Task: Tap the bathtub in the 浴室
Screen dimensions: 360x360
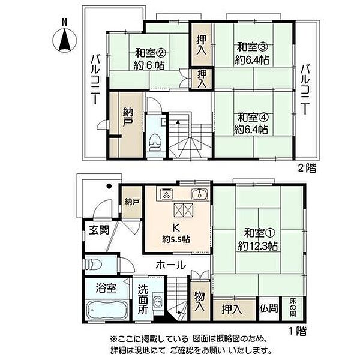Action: tap(107, 310)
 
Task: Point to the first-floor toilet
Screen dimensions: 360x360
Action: tap(94, 264)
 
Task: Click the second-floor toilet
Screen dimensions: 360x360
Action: tap(156, 142)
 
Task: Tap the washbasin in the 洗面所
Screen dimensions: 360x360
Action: tap(158, 301)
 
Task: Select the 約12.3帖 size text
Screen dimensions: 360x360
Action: tap(257, 247)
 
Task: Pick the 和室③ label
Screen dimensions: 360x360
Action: tap(252, 47)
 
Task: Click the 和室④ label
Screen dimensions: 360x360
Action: tap(253, 118)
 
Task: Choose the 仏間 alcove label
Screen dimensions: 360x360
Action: tap(269, 309)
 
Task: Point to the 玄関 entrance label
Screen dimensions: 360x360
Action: tap(99, 230)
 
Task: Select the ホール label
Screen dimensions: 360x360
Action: tap(170, 265)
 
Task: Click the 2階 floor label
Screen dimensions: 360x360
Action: tap(307, 169)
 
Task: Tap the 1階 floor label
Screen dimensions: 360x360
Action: tap(298, 331)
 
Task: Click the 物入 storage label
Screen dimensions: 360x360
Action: tap(200, 301)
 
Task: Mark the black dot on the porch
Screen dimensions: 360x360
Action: tap(109, 186)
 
